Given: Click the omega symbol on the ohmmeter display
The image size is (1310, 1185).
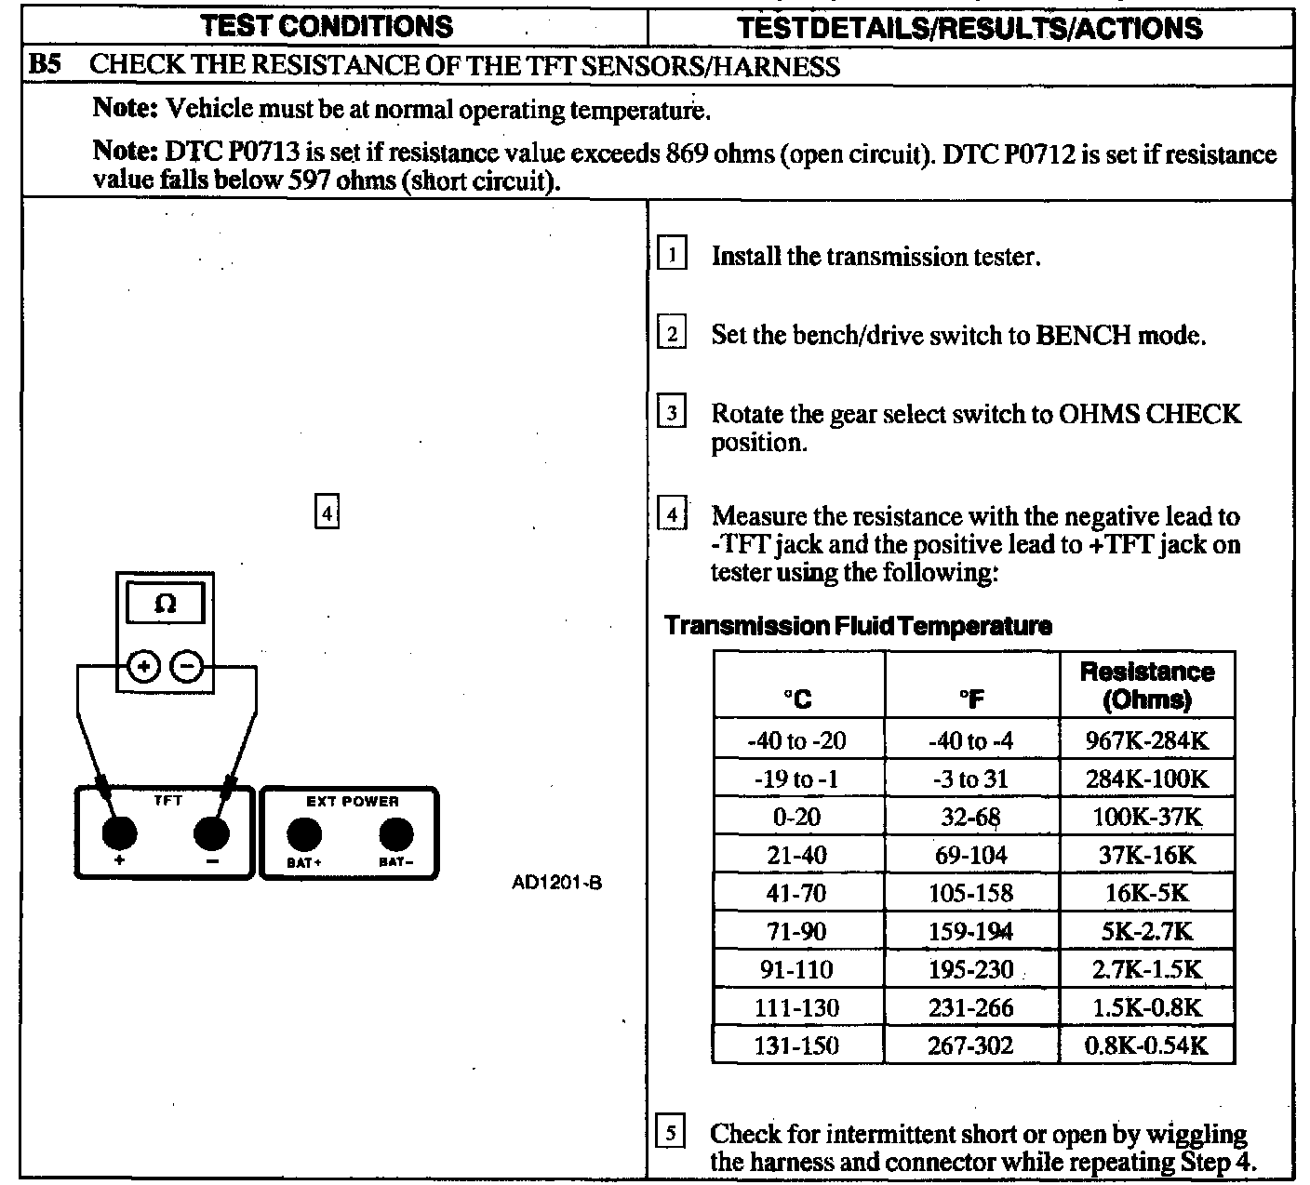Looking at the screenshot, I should (165, 604).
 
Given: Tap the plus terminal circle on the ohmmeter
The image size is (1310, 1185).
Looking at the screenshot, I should (144, 666).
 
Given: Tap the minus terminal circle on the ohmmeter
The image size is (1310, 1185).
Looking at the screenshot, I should (187, 666).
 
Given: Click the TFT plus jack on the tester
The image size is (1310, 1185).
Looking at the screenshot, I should (119, 832).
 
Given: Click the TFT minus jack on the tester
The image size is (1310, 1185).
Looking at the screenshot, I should (212, 832).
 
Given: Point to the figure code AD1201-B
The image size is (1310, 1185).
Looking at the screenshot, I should (556, 882).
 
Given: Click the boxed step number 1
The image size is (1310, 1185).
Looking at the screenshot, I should (673, 255).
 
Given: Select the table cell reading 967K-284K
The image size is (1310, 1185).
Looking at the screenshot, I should (1147, 741).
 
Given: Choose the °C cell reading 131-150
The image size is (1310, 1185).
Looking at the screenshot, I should (797, 1045).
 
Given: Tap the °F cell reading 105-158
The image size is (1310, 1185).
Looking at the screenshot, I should (970, 893).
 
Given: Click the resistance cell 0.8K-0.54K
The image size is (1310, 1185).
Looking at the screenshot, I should (1147, 1045).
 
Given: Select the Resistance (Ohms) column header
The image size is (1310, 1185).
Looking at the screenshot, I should (1147, 686).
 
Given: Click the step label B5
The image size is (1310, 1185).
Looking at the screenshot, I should (46, 66).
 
